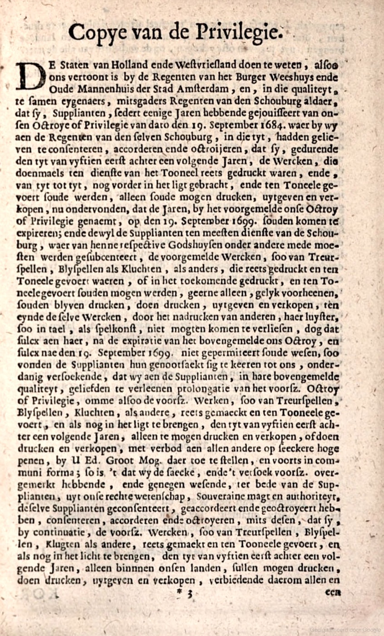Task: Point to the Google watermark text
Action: coord(345,630)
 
